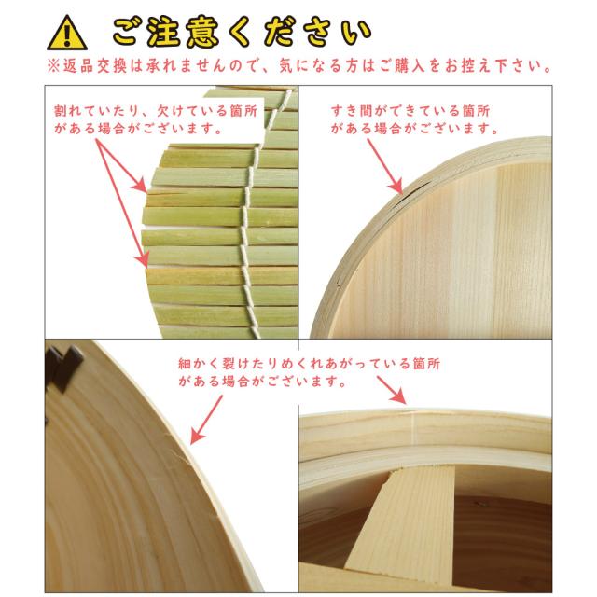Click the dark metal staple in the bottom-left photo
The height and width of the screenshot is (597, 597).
pos(63,367)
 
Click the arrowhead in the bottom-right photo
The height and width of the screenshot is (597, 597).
pos(402,398)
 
